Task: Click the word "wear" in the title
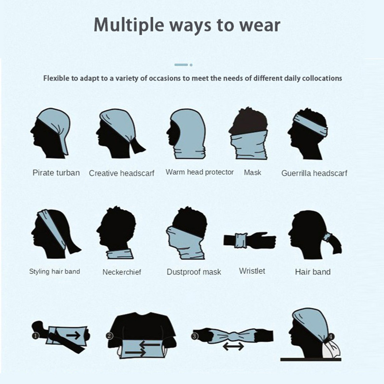tap(260, 25)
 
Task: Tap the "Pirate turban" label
tap(56, 173)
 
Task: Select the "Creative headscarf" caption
tap(121, 173)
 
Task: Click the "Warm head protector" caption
tap(200, 172)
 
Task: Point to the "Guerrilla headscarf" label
tap(314, 173)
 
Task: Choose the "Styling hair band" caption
tap(55, 271)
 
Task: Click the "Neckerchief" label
tap(122, 272)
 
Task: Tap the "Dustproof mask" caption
tap(194, 272)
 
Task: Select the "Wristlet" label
tap(252, 271)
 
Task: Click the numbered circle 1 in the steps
tap(36, 336)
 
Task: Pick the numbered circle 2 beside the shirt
tap(109, 336)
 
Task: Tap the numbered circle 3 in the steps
tap(195, 336)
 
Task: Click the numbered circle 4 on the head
tap(331, 337)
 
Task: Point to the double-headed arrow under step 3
tap(233, 346)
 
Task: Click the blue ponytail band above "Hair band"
tap(327, 237)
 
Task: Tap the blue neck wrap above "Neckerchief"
tap(120, 254)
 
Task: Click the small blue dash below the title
tap(181, 65)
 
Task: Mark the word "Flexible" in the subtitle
tap(56, 78)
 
